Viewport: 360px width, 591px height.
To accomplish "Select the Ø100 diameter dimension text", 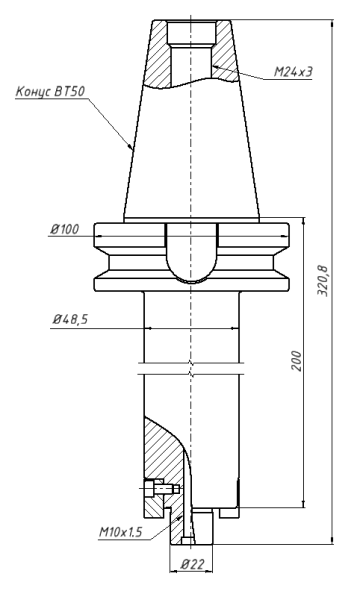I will pos(64,230).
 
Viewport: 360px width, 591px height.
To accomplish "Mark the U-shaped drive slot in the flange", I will pos(189,255).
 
